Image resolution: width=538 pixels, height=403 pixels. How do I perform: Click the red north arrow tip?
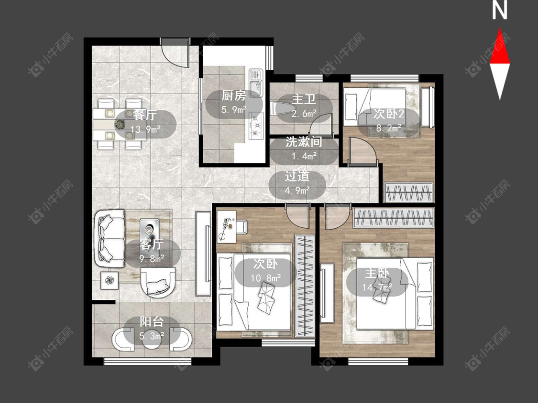tap(500, 29)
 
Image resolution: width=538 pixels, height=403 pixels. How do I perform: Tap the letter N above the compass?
tap(500, 11)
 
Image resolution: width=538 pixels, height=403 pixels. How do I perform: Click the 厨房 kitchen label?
tap(234, 95)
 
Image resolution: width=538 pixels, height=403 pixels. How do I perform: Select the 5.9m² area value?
tap(234, 110)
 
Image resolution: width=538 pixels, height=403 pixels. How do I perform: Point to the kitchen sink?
tap(256, 83)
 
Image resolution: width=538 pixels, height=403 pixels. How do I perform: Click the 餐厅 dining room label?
tap(145, 115)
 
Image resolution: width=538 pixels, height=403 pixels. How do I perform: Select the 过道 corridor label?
tap(297, 176)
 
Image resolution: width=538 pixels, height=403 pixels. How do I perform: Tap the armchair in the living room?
tap(158, 282)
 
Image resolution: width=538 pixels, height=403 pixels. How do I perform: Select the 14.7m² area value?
tap(377, 287)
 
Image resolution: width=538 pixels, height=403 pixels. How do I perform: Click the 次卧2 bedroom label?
tap(389, 114)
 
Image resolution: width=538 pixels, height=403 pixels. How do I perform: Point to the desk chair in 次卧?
tap(241, 227)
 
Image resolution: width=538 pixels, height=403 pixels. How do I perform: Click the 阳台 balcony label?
tap(152, 322)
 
